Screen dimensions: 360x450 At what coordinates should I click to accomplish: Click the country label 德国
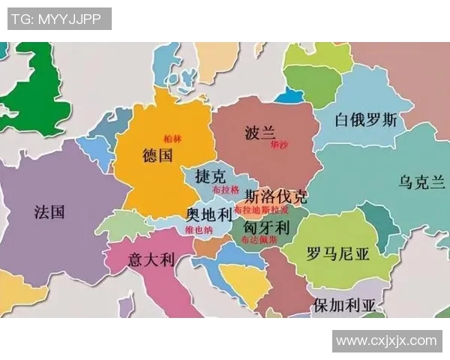157,155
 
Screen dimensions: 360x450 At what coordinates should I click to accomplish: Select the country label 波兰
259,133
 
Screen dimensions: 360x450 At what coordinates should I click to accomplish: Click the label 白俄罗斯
365,120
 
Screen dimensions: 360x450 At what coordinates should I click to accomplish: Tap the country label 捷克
209,177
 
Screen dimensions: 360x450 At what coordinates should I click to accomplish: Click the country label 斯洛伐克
276,197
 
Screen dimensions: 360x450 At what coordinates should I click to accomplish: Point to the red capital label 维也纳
199,229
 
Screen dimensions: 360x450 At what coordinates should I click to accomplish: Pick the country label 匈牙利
265,226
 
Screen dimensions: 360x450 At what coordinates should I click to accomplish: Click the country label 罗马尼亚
337,253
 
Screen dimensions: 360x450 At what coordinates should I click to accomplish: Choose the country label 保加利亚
345,305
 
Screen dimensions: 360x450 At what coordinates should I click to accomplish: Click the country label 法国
49,211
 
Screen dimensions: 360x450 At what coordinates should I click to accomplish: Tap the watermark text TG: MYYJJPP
59,19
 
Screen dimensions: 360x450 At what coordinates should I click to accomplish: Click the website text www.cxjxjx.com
386,340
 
